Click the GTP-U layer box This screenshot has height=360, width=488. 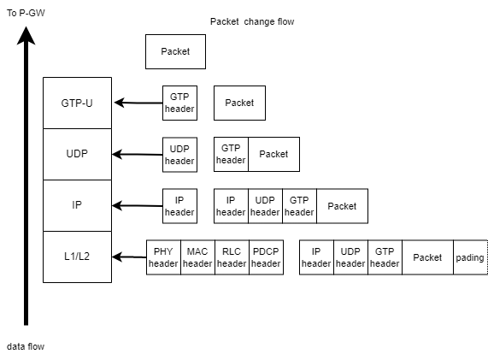pos(77,103)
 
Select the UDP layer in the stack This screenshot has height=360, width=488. pos(77,154)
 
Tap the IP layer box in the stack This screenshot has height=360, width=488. pos(77,205)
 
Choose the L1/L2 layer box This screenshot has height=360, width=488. pos(77,257)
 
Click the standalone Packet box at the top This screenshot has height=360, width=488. pos(175,51)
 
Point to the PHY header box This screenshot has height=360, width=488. pos(163,257)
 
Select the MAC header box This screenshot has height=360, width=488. pos(197,257)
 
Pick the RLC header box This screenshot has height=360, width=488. pos(232,257)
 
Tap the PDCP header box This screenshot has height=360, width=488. pos(266,257)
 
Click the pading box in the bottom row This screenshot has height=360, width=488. pos(470,257)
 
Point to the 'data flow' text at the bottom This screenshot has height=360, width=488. pos(26,346)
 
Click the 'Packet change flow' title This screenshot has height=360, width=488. pos(252,21)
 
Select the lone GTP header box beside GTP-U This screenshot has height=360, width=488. pos(179,103)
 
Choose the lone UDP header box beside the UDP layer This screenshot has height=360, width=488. pos(179,154)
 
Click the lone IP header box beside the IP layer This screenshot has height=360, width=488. pos(179,205)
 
